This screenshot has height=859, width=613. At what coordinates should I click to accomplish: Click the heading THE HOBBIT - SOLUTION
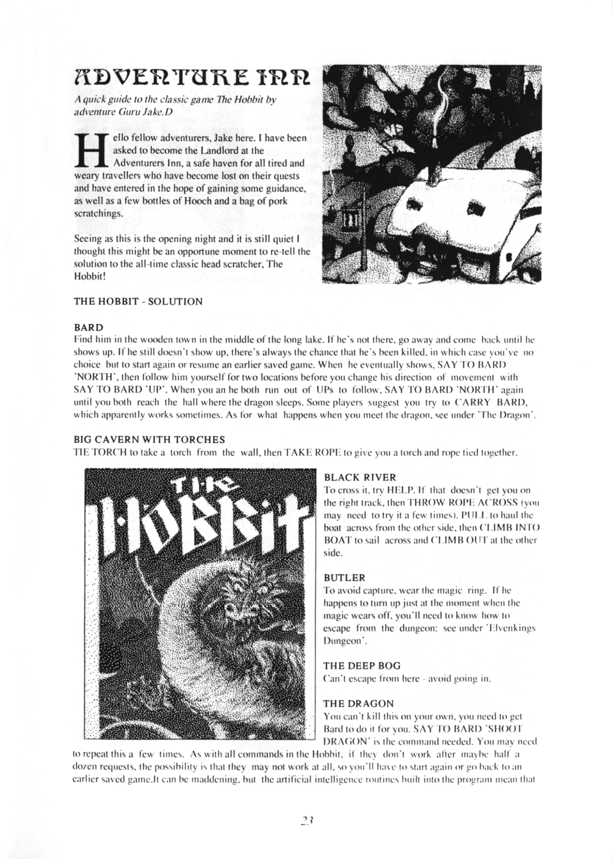click(x=138, y=301)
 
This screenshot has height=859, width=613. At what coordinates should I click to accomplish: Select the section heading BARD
click(x=88, y=327)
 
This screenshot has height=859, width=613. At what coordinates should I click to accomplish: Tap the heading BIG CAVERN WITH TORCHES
click(x=149, y=439)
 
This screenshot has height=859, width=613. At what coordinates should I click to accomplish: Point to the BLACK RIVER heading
click(x=360, y=478)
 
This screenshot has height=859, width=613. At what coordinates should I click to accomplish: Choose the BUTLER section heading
click(x=345, y=578)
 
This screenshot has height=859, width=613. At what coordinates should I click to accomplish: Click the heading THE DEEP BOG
click(x=362, y=666)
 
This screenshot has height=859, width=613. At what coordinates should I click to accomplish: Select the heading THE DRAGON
click(x=358, y=703)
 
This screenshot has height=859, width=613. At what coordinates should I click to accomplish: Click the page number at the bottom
click(x=306, y=821)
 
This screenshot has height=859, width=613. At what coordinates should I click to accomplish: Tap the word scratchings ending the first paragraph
click(x=99, y=214)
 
